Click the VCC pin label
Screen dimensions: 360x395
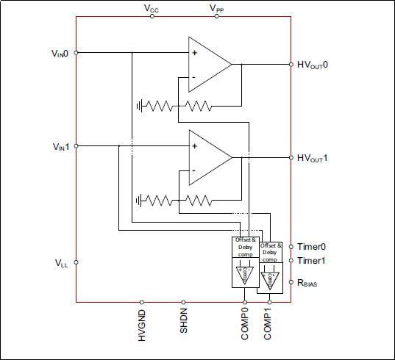(x=152, y=8)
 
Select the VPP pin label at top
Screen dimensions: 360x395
(x=217, y=8)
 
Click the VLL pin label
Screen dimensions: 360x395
(x=62, y=262)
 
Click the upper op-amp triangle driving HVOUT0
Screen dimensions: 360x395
(x=206, y=64)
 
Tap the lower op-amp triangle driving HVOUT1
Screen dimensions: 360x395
(x=206, y=157)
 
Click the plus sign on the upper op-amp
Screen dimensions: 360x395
(x=194, y=52)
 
